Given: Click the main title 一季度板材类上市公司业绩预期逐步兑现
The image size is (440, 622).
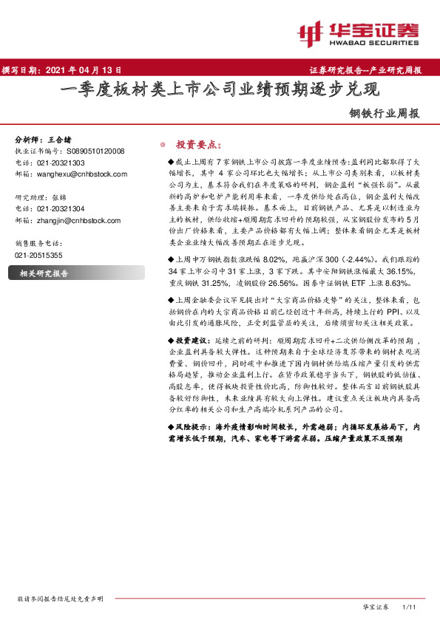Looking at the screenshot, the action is click(219, 91).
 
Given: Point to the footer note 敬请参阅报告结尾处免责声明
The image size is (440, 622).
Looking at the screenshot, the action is click(60, 599).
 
